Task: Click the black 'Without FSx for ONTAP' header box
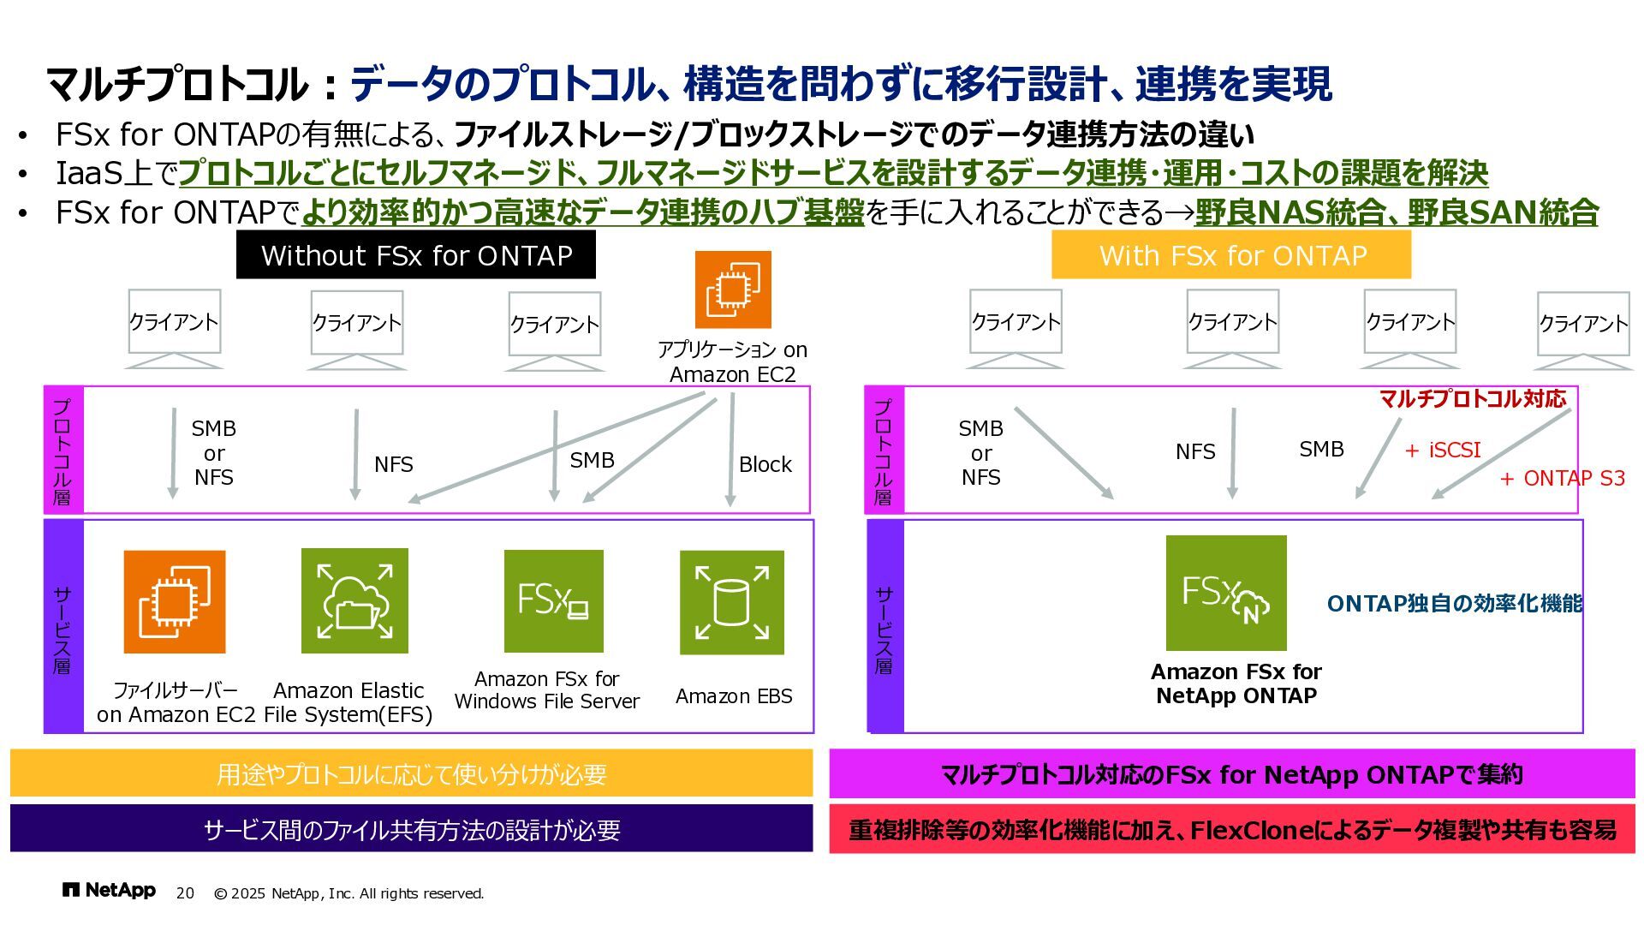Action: click(415, 254)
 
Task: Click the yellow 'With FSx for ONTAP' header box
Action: click(1230, 254)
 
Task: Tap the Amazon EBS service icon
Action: click(731, 602)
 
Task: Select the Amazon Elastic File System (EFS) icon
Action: click(354, 600)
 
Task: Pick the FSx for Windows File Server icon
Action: click(553, 600)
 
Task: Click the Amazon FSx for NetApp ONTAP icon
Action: click(1225, 593)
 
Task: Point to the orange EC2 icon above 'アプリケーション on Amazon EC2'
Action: click(732, 289)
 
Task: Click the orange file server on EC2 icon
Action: click(175, 601)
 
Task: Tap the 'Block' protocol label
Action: click(765, 464)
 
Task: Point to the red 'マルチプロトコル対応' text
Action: click(1472, 398)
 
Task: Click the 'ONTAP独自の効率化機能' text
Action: click(1454, 604)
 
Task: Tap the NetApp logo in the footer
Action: click(109, 891)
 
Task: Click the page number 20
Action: click(185, 893)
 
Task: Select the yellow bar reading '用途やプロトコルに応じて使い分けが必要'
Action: click(411, 773)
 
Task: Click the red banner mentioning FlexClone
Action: click(1231, 829)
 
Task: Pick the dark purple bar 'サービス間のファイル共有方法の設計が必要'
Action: click(411, 829)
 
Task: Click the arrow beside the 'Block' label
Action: click(731, 450)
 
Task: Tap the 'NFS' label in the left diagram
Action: click(393, 464)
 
